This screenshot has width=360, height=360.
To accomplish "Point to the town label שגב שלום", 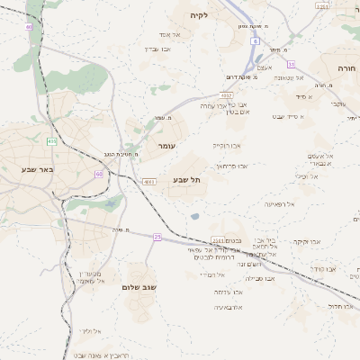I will pos(139,286).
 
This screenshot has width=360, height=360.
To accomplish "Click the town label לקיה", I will pos(198,15).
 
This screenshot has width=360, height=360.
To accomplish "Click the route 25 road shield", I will pos(157,237).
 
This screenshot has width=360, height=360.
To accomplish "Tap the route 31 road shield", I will pos(291,64).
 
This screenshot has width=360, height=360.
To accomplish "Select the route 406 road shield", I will pos(51,140).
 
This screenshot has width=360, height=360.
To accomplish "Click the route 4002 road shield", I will pos(227,94).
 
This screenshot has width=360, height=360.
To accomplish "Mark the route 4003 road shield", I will pos(148,181).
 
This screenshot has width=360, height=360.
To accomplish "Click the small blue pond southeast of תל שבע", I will pos(194,216).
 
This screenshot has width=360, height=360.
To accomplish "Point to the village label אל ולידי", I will pos(90,331).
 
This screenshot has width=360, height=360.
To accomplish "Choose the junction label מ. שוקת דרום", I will pos(242,76).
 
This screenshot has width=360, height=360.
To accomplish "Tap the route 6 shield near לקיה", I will pos(255,41).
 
